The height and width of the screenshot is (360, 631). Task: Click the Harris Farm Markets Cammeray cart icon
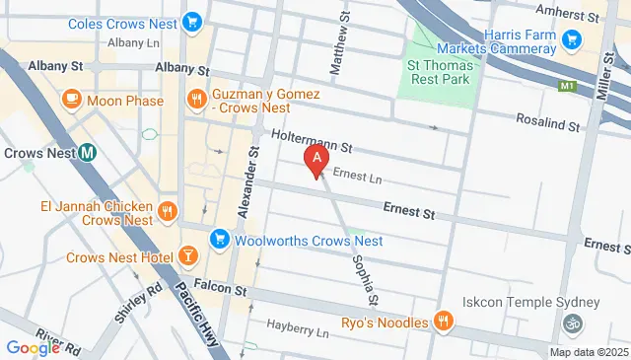[x=571, y=39]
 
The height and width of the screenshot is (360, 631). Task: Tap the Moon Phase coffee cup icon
[x=71, y=100]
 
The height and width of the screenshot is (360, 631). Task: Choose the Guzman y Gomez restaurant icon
[x=197, y=99]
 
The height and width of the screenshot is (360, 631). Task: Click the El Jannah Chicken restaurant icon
[x=168, y=210]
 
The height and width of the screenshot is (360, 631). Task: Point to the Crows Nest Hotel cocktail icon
[x=187, y=258]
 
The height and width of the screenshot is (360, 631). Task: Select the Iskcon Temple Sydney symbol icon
[x=570, y=323]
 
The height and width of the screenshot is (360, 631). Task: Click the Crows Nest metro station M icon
[x=88, y=153]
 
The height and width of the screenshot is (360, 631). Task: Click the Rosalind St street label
[x=548, y=122]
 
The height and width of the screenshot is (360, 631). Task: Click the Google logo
[x=34, y=347]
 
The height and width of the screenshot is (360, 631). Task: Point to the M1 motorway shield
[x=566, y=88]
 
